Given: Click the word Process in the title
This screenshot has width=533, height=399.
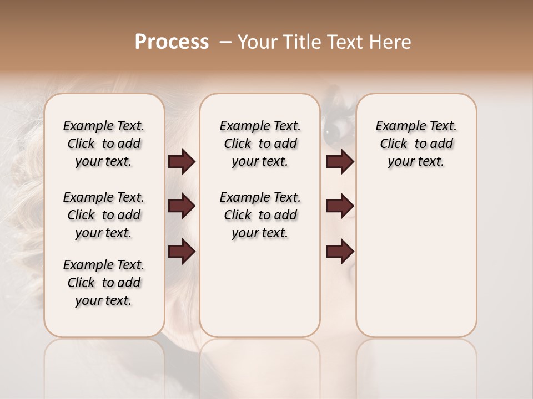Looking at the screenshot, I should [172, 42].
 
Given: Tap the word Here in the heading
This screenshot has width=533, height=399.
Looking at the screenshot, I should [390, 42].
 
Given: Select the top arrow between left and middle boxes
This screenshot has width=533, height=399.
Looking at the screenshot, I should [182, 162].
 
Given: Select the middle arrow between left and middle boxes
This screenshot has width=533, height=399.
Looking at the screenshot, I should [182, 207].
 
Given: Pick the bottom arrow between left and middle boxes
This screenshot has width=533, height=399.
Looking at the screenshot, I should [182, 252].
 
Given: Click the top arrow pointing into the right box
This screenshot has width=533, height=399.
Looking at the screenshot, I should [340, 162].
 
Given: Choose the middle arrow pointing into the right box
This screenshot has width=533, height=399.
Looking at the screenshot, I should [340, 207].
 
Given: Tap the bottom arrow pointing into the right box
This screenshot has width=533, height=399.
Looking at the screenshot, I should [340, 252].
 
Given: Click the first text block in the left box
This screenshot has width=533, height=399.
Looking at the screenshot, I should [104, 144].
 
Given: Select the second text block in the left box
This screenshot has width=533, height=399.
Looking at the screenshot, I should [104, 215].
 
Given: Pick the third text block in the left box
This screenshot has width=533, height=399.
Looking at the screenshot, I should [104, 283].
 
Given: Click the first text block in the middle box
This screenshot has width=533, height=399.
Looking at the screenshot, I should [260, 144].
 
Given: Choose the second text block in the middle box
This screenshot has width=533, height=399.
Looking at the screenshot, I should [260, 215].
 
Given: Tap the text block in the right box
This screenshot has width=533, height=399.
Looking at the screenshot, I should [416, 144].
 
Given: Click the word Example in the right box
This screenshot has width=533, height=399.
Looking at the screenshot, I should [397, 126].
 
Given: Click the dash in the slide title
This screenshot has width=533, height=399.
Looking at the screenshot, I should [226, 42].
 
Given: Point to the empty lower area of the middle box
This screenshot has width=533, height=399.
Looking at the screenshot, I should [260, 288].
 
